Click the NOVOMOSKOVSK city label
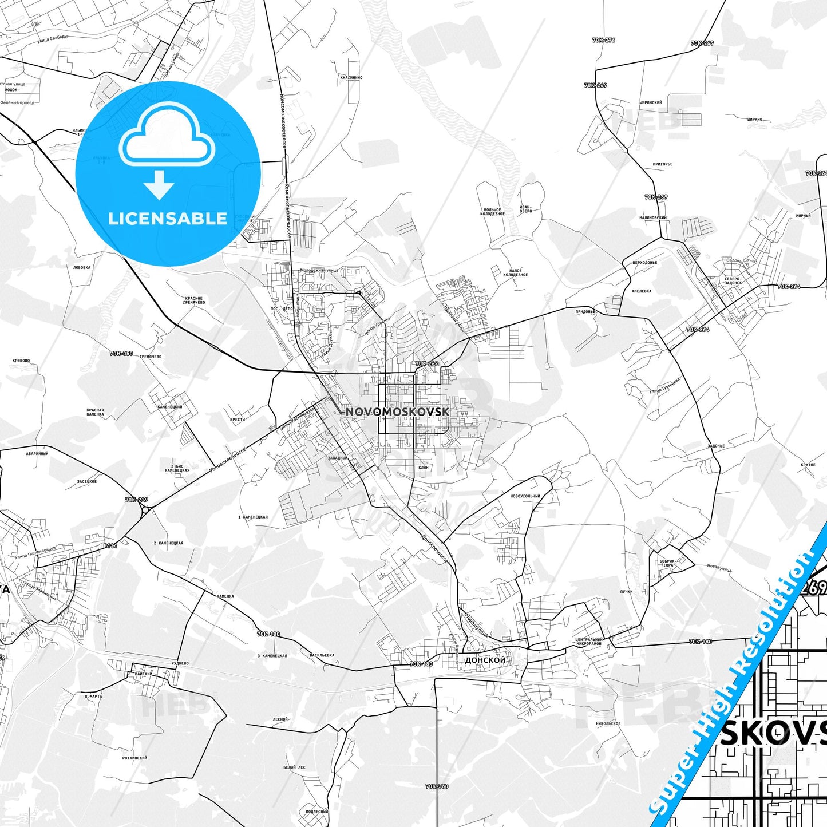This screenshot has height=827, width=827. click(397, 411)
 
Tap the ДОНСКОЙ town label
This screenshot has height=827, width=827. click(485, 660)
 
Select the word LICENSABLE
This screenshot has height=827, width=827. click(168, 219)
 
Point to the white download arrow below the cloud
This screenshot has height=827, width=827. click(159, 184)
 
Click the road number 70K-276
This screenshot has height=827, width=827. click(603, 40)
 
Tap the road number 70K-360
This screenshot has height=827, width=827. click(437, 786)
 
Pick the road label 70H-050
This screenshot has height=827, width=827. click(121, 354)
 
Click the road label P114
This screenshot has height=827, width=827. click(110, 546)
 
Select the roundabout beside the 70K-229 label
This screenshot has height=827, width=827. click(145, 509)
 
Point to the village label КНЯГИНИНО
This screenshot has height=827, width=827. click(351, 77)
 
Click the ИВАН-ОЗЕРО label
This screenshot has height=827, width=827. click(525, 209)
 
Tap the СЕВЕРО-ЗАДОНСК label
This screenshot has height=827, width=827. click(733, 280)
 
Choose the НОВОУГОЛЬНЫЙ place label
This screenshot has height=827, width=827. click(525, 496)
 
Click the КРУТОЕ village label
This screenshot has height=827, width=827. click(808, 465)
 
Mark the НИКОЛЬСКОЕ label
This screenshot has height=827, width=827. click(608, 723)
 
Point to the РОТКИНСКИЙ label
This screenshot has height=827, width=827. click(134, 758)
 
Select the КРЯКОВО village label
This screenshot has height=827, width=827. click(21, 361)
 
